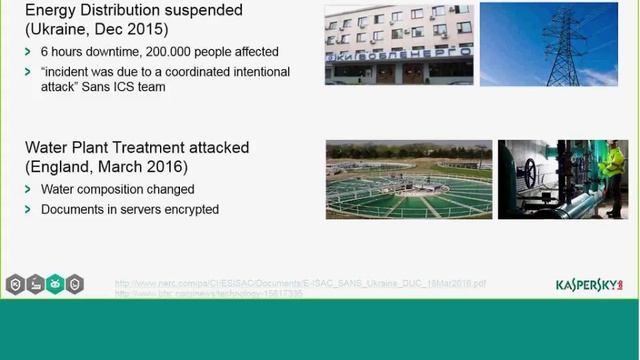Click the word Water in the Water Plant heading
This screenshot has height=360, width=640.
point(48,147)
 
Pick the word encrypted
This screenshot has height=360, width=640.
point(188,210)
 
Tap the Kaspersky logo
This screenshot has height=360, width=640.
point(589,285)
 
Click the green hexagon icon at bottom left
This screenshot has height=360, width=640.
point(55,284)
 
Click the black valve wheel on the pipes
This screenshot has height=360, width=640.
point(531,171)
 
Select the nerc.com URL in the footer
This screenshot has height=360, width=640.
point(300,283)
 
